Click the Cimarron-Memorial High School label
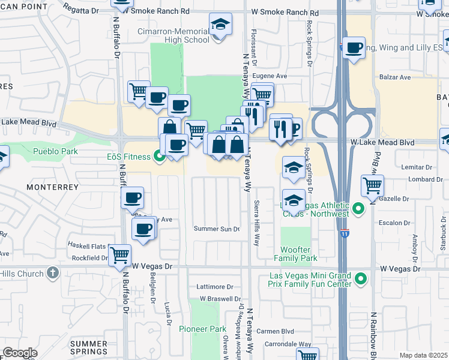tap(173, 35)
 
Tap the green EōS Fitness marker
tap(160, 157)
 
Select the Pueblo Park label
tap(55, 151)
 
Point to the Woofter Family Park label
tap(295, 254)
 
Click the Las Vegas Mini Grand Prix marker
tap(361, 279)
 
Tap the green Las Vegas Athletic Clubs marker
tap(358, 209)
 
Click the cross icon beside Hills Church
tap(53, 274)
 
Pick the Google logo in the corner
tap(20, 353)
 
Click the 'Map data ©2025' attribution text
tap(423, 355)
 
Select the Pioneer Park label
tap(202, 329)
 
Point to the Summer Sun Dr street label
tap(217, 229)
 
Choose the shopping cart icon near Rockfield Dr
tap(119, 255)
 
